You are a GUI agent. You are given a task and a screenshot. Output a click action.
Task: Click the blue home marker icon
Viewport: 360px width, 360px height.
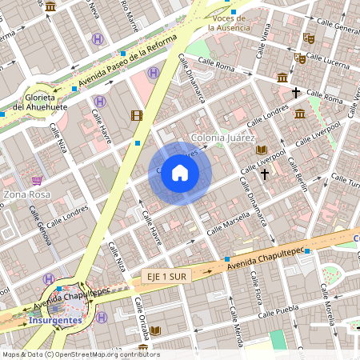pyautogui.click(x=180, y=173)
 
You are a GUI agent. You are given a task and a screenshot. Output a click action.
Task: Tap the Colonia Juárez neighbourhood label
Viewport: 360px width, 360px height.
pyautogui.click(x=222, y=138)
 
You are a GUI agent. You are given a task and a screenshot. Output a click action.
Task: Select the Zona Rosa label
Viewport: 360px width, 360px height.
pyautogui.click(x=27, y=194)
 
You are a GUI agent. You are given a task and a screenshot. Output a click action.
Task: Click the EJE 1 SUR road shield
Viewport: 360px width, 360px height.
pyautogui.click(x=166, y=276)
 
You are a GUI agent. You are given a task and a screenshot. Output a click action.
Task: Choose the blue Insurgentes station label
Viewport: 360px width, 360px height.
pyautogui.click(x=54, y=319)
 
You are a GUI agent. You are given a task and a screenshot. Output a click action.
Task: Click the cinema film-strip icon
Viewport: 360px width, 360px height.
pyautogui.click(x=137, y=116)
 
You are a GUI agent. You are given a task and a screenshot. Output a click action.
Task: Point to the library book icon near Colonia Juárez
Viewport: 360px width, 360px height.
pyautogui.click(x=261, y=150)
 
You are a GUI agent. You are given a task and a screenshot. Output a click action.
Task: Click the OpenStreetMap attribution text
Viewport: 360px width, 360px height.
pyautogui.click(x=80, y=354)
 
